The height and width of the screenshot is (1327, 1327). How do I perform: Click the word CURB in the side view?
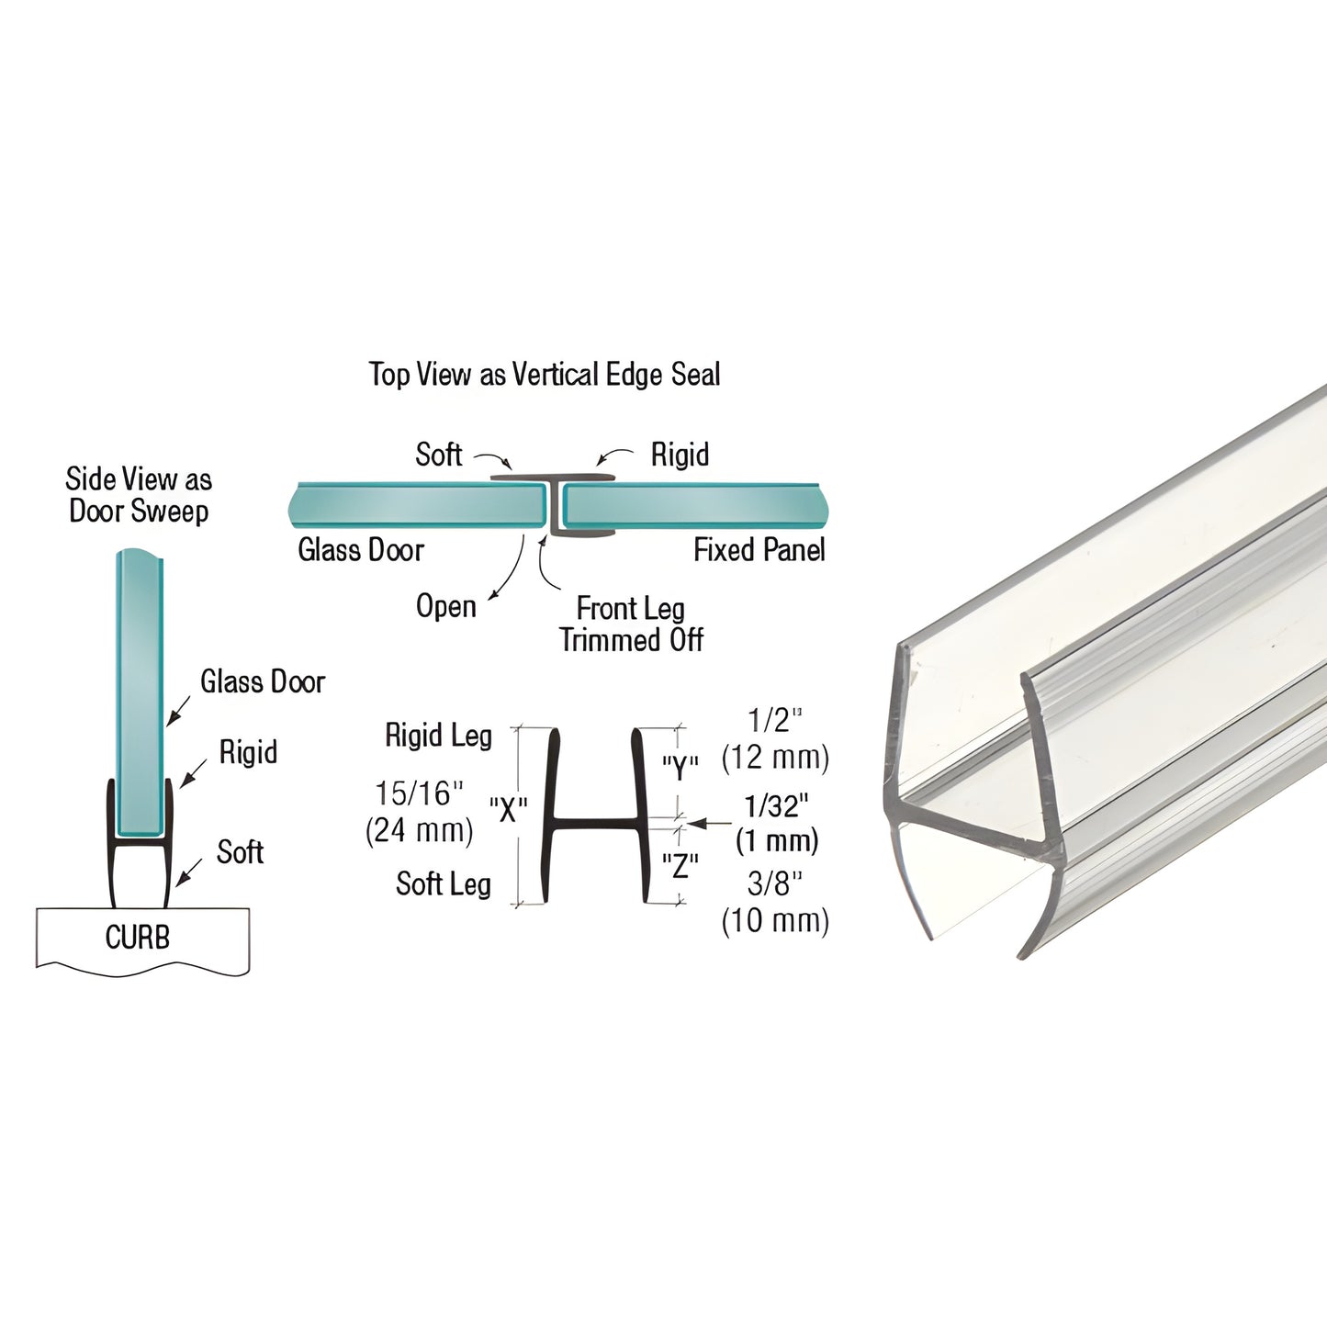[x=138, y=938]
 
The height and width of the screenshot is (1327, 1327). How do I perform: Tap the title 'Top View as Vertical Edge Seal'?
[x=545, y=375]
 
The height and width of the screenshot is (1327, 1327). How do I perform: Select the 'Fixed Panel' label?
[x=759, y=550]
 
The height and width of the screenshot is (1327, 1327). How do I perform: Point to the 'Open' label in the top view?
[x=446, y=606]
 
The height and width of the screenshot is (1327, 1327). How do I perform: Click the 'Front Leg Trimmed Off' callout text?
[x=632, y=624]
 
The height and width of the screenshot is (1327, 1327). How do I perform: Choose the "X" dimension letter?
[x=508, y=810]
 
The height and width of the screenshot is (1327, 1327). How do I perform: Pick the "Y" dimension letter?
[x=680, y=767]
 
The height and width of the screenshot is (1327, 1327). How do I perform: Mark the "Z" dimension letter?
[x=680, y=865]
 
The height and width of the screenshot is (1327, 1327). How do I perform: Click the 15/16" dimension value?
[x=419, y=793]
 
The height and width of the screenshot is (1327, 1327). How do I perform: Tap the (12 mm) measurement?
[x=775, y=758]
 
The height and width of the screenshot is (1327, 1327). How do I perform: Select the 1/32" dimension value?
[x=776, y=806]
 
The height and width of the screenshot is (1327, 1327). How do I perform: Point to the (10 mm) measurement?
[x=775, y=920]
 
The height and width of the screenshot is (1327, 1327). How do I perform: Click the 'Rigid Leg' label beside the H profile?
[x=438, y=736]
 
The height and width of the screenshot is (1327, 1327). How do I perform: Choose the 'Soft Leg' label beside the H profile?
[x=444, y=884]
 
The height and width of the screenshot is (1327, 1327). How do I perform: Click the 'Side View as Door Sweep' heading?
[x=139, y=495]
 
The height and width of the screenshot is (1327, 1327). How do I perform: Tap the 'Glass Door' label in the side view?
[x=263, y=681]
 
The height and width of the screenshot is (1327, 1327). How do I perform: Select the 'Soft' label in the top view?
[x=439, y=455]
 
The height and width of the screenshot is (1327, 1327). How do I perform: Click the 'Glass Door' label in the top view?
[x=361, y=550]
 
